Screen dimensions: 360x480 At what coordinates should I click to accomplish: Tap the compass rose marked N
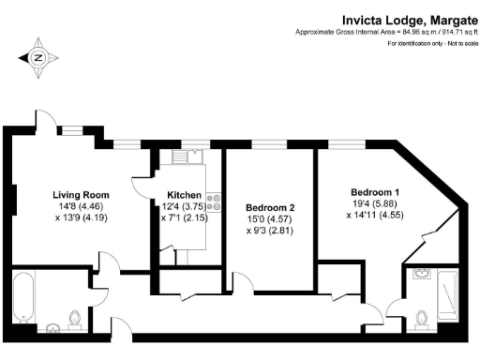38,58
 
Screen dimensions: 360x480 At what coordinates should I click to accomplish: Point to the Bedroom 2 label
270,207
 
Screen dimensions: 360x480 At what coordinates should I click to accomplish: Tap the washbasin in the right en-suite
421,277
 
